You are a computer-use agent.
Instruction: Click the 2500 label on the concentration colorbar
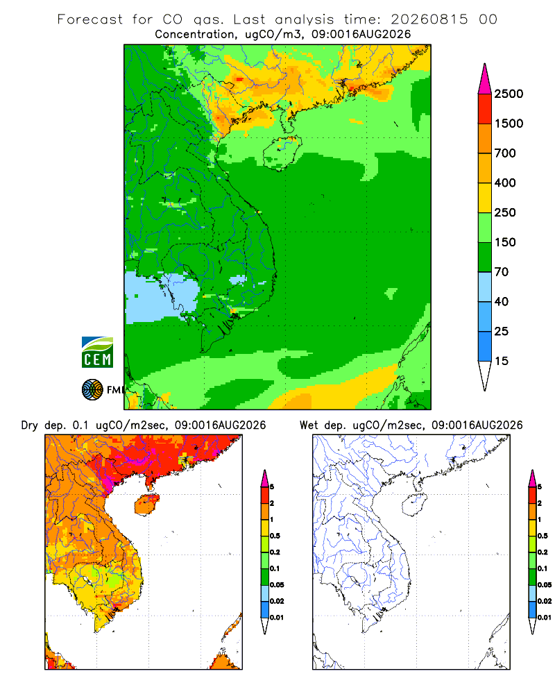tap(509, 94)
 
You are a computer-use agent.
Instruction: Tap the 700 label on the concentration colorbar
tap(505, 153)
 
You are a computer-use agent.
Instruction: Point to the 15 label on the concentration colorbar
tap(502, 361)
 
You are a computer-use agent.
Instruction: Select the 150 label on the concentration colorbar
tap(505, 242)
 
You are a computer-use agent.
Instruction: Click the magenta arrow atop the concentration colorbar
tap(485, 80)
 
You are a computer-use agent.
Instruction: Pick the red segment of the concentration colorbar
tap(485, 109)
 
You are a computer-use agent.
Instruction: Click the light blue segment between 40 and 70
tap(485, 287)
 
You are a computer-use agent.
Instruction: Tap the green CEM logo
tap(97, 353)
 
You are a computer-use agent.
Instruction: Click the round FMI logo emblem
tap(92, 390)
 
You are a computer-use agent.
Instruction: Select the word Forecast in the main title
tap(90, 19)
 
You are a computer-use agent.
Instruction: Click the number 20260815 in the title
tap(429, 19)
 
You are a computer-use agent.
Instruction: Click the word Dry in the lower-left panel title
tap(30, 425)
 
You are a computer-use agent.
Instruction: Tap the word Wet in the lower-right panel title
tap(309, 425)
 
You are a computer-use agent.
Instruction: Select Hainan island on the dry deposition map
tap(147, 505)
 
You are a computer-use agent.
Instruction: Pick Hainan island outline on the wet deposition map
tap(414, 505)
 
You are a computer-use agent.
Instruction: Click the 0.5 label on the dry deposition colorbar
tap(275, 536)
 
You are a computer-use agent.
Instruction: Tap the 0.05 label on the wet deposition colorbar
tap(545, 585)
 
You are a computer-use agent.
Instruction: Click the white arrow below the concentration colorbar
tap(485, 374)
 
